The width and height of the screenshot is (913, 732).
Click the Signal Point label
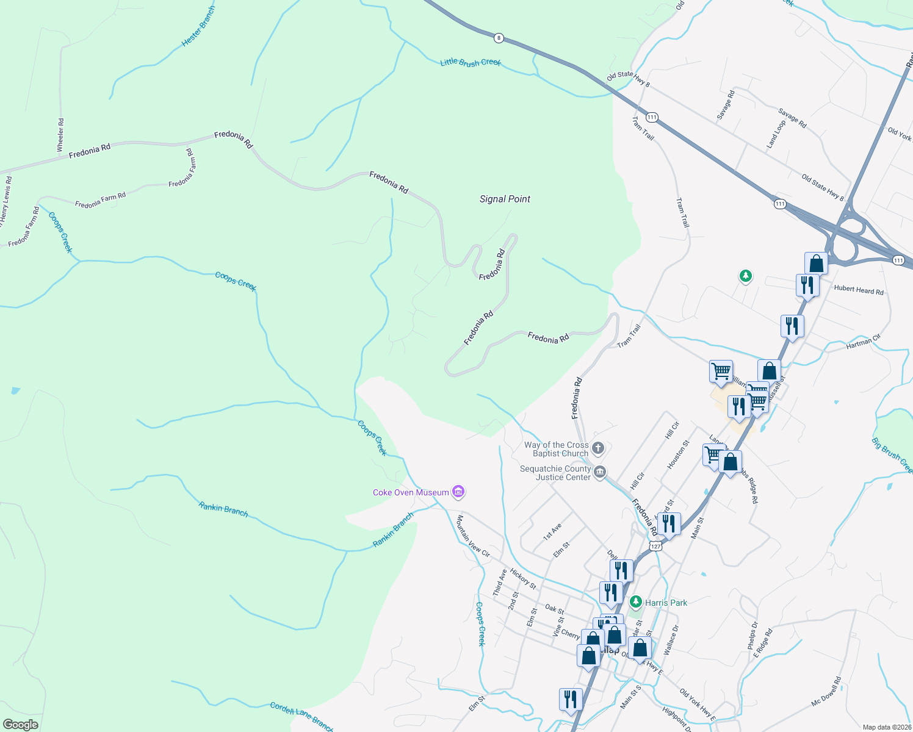tap(505, 199)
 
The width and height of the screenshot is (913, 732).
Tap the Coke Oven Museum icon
tap(459, 492)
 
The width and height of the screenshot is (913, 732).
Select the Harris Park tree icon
tap(636, 602)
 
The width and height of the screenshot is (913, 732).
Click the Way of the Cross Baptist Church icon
tap(598, 448)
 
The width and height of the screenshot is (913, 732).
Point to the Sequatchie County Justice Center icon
tap(600, 472)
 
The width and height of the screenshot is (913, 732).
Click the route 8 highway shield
tap(499, 38)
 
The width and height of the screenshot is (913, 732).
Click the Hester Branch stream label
tap(198, 27)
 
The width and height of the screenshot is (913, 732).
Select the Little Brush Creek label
tap(471, 62)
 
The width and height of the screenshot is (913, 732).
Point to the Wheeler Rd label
tap(60, 135)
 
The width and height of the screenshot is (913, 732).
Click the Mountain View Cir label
tap(473, 536)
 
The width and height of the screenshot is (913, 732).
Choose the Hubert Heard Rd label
tap(859, 290)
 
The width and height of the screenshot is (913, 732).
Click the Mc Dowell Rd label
tap(826, 692)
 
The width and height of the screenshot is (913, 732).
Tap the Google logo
tap(21, 725)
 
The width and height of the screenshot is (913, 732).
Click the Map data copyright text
tap(886, 727)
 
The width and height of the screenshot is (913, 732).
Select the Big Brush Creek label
tap(892, 455)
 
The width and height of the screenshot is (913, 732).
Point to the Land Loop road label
tap(776, 134)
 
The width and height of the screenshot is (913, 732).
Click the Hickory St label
tap(523, 579)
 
